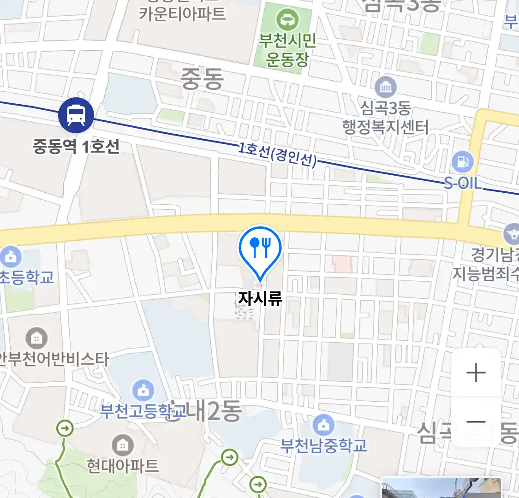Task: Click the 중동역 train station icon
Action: click(76, 115)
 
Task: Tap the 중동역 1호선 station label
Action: click(76, 147)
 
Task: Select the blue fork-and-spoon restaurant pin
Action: click(260, 249)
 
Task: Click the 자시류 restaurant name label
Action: click(260, 299)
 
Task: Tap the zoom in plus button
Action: click(476, 373)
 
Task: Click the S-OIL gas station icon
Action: click(463, 162)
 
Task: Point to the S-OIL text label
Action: click(463, 184)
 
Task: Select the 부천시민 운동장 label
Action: click(287, 50)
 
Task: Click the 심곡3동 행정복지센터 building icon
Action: click(386, 87)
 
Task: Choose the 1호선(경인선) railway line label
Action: click(278, 155)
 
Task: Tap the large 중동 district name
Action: click(202, 79)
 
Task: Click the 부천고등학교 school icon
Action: click(143, 391)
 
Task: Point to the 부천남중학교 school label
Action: click(324, 446)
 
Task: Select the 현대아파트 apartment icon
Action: click(122, 445)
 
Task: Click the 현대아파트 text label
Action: click(123, 466)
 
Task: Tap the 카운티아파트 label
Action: click(183, 14)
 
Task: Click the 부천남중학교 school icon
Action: click(324, 425)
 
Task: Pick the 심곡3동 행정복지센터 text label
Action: click(386, 118)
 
